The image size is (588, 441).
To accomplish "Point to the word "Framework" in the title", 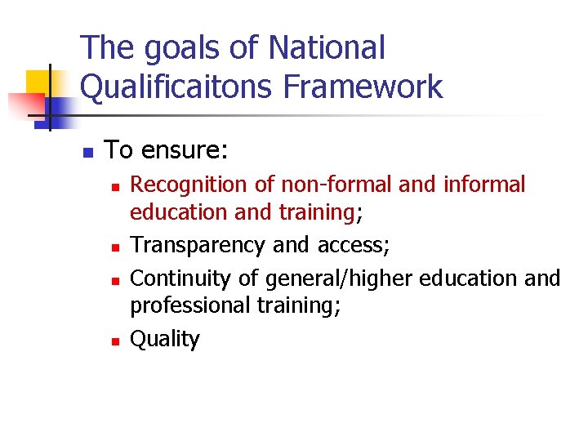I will (376, 86).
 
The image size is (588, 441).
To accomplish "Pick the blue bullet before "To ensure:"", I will (87, 152).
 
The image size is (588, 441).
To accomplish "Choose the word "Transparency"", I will (197, 245).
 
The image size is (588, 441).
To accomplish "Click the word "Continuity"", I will (181, 278).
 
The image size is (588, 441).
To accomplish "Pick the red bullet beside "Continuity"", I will (116, 280).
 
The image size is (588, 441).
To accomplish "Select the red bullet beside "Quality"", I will (116, 341).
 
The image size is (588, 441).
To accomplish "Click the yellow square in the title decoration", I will (38, 82).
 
